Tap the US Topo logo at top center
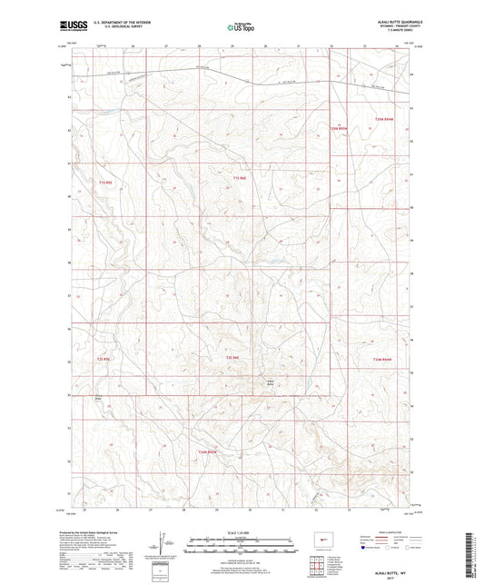pyautogui.click(x=241, y=29)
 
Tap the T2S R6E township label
pyautogui.click(x=232, y=358)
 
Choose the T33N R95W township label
pyautogui.click(x=208, y=451)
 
